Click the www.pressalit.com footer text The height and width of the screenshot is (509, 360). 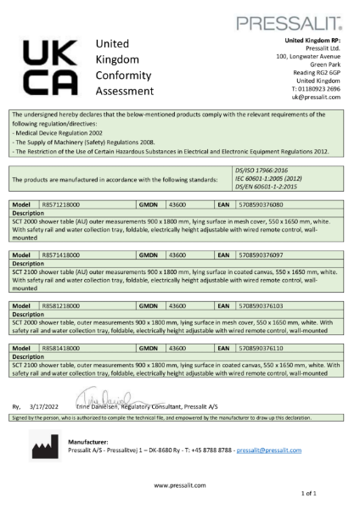(x=180, y=484)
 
